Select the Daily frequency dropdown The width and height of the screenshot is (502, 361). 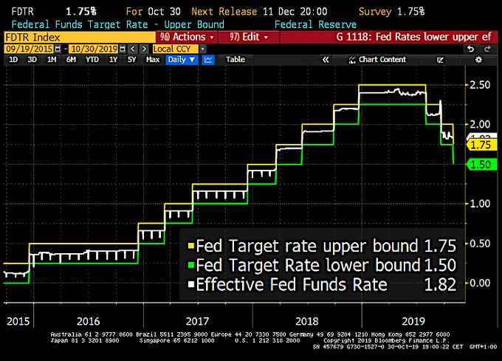pyautogui.click(x=183, y=59)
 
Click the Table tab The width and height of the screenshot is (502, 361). pyautogui.click(x=235, y=59)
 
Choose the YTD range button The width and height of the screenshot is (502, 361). pyautogui.click(x=92, y=59)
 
